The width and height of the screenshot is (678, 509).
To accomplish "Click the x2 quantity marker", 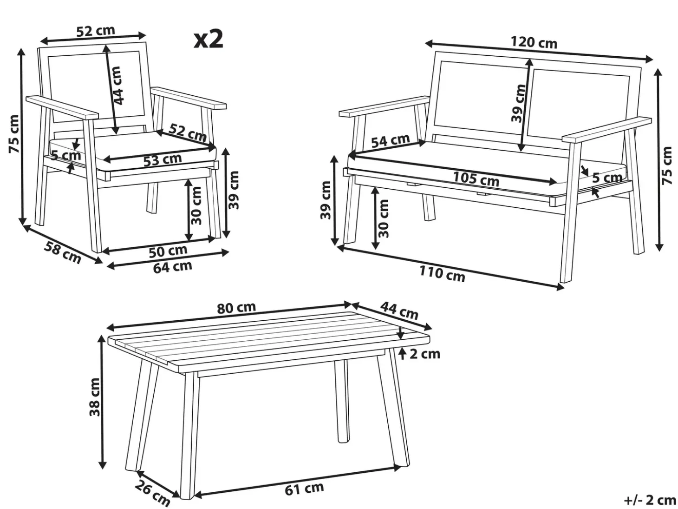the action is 208,40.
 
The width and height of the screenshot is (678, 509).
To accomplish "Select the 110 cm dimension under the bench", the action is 442,274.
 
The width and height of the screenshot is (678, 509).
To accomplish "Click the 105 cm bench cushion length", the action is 476,179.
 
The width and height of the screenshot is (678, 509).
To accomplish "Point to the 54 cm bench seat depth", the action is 391,141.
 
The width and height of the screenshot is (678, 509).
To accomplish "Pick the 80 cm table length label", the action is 237,308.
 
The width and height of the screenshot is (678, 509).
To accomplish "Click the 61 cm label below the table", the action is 304,489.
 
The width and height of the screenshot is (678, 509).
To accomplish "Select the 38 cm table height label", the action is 95,397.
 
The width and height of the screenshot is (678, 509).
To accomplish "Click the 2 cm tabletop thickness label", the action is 425,354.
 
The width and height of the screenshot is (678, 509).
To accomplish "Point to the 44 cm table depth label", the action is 399,311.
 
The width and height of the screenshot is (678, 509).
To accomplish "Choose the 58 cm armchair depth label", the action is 63,252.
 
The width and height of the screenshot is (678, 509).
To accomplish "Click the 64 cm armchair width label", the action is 173,267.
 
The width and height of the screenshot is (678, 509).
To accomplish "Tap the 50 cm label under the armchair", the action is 168,251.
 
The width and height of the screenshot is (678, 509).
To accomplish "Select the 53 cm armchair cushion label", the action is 163,160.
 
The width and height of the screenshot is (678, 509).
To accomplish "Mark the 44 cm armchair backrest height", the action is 117,86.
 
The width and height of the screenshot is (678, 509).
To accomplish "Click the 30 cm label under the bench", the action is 383,218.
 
